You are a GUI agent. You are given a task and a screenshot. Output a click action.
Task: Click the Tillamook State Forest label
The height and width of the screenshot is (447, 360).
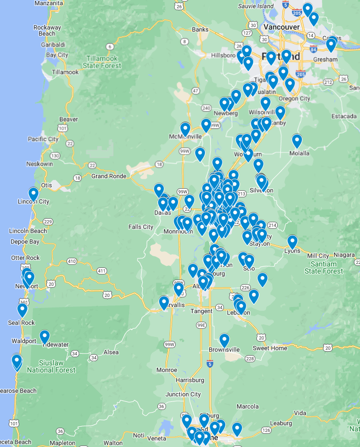coord(104,62)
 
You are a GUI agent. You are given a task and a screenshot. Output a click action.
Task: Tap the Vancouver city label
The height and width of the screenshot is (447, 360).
coord(282,26)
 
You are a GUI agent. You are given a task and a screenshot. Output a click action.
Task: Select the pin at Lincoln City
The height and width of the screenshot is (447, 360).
coord(34,194)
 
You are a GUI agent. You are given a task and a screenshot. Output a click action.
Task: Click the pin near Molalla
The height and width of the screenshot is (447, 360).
coord(297,141)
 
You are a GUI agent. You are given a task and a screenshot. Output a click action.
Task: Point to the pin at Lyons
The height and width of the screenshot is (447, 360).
coord(292,242)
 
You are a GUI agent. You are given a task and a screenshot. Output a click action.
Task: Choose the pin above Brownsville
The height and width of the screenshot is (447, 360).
coord(224,340)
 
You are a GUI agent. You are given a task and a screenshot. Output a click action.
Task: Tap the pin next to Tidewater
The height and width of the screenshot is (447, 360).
coord(45,336)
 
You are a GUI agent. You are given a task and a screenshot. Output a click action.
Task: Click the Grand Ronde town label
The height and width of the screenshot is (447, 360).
coord(109,176)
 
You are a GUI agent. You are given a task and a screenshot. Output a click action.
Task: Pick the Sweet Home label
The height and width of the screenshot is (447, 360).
coord(270,348)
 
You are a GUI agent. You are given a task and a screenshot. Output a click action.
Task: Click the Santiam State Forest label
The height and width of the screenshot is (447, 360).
coord(323,267)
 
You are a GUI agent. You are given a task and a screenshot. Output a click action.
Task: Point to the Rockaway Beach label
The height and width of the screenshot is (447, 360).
coord(47,30)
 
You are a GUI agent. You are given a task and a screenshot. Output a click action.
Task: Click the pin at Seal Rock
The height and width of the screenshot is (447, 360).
coord(22,310)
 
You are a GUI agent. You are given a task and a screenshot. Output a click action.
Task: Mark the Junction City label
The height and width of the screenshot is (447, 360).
coord(183,394)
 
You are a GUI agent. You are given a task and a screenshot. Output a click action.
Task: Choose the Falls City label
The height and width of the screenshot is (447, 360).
coord(141,227)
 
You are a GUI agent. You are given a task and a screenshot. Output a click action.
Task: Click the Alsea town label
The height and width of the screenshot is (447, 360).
coord(111,352)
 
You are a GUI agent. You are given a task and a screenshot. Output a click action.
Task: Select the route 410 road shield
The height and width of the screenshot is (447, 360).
coord(72,262)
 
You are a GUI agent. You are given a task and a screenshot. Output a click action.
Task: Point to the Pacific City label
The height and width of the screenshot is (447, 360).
coord(43,139)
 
